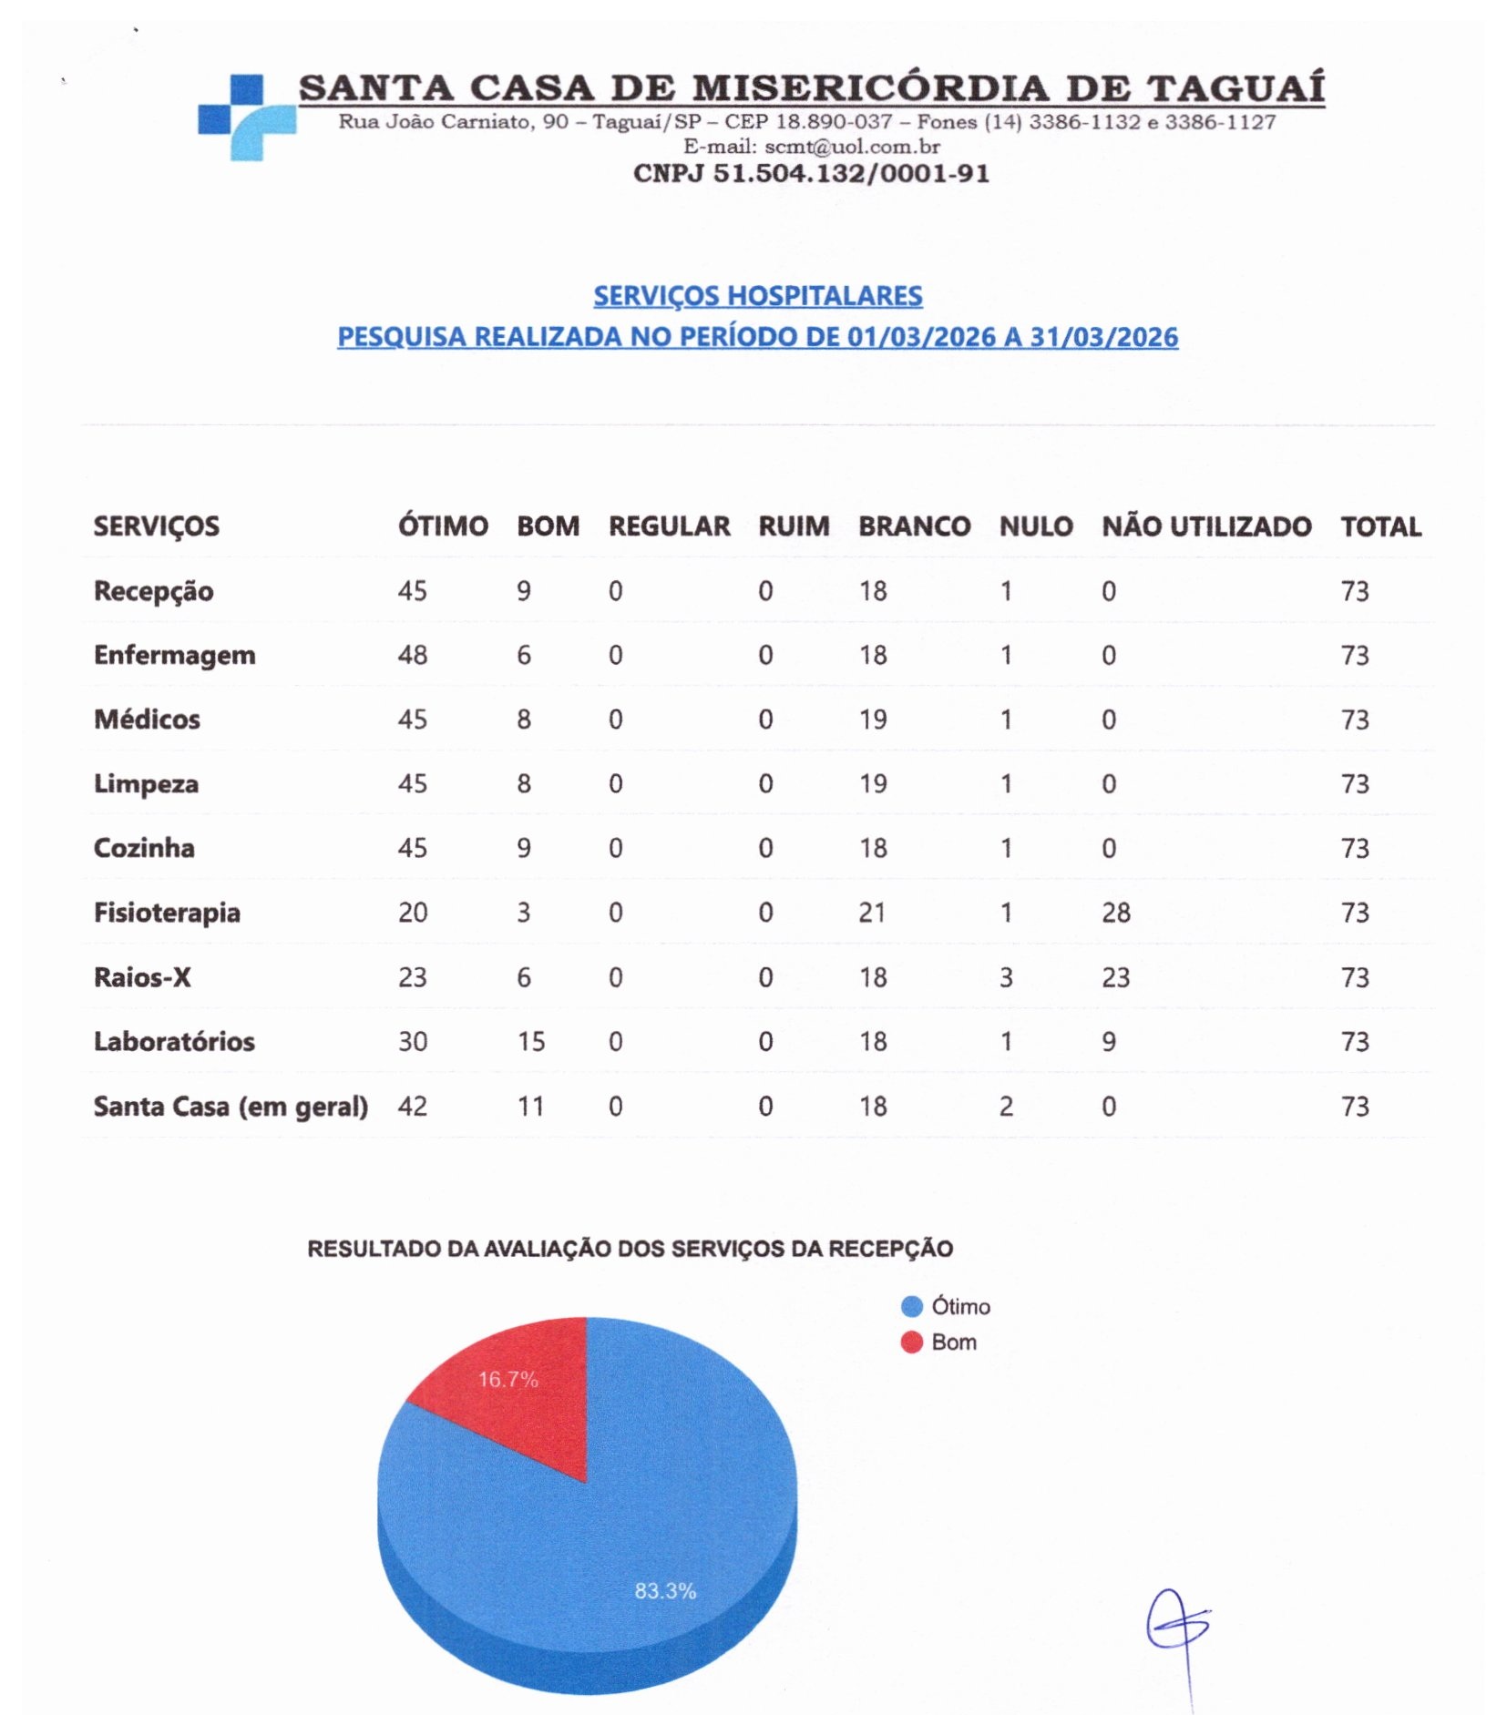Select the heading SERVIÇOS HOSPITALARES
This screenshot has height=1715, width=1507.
click(757, 295)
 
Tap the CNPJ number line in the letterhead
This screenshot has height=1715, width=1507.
click(810, 173)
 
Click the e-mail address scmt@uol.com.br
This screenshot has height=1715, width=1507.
click(851, 146)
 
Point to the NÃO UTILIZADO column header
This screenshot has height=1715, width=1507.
click(1205, 526)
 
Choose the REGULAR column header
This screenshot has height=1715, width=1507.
click(669, 526)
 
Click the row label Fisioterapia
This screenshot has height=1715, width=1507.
click(167, 912)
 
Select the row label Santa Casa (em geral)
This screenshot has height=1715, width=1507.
click(231, 1106)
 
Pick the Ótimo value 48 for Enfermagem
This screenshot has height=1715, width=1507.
click(412, 655)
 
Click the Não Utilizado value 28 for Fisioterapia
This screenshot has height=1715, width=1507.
click(1115, 912)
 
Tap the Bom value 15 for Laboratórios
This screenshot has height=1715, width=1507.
click(530, 1041)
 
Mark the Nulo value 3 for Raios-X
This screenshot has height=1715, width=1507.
click(1005, 977)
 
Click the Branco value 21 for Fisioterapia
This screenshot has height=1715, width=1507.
click(871, 912)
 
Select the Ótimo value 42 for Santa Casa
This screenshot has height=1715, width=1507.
click(412, 1106)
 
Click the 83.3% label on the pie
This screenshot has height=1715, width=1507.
click(665, 1590)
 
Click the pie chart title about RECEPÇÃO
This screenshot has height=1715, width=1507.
click(630, 1248)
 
